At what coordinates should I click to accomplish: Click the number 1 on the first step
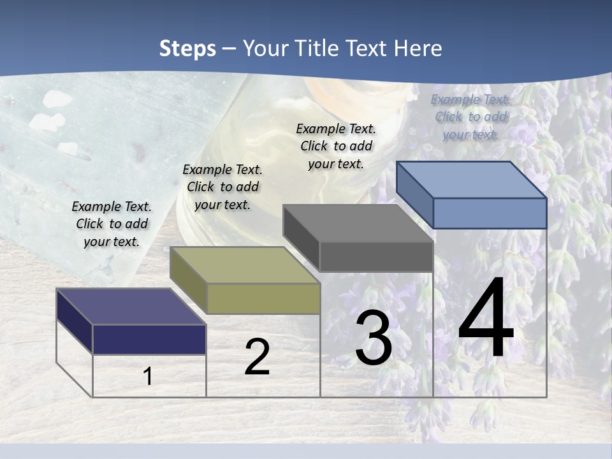(148, 376)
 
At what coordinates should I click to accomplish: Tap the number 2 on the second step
(257, 357)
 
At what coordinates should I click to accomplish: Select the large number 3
(374, 338)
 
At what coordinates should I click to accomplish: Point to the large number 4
(486, 319)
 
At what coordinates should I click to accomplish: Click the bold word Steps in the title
(187, 48)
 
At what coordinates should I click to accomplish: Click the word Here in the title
(418, 48)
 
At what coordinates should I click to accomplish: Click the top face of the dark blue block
(131, 306)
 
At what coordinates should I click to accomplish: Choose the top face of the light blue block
(472, 180)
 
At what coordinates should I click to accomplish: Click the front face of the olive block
(263, 298)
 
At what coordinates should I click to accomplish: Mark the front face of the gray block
(376, 257)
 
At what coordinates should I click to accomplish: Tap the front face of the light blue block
(490, 213)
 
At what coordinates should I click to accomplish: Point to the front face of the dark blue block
(149, 339)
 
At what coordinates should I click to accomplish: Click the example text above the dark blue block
(112, 224)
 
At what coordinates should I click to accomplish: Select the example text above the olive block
(222, 187)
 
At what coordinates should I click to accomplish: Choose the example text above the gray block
(336, 146)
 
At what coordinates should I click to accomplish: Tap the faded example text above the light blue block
(470, 117)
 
